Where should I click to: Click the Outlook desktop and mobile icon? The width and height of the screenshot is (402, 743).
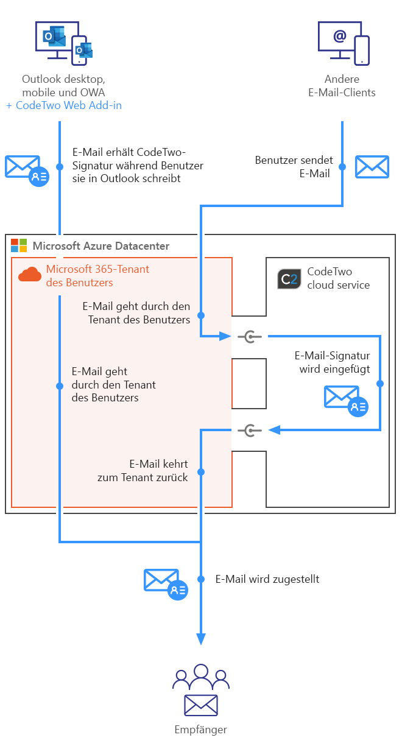(63, 42)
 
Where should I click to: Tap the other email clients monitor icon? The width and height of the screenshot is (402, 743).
(344, 42)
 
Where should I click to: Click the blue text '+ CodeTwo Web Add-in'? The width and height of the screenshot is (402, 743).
(64, 105)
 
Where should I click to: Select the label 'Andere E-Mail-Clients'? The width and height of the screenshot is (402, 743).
(342, 86)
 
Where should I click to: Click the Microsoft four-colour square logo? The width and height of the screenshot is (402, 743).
(19, 245)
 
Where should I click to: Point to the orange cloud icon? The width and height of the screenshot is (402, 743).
(29, 275)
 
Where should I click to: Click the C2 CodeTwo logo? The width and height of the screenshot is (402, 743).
(289, 278)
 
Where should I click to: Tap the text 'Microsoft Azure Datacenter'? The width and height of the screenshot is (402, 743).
(101, 246)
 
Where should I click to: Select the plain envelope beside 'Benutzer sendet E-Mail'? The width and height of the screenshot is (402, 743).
(372, 166)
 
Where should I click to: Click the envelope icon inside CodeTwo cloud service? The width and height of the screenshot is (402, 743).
(345, 400)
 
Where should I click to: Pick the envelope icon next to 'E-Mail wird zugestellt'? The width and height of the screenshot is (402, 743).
(165, 583)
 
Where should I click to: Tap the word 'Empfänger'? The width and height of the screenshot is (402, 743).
(200, 729)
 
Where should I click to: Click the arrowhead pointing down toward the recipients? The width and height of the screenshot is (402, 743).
(201, 638)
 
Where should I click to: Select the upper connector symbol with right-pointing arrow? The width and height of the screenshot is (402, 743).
(249, 336)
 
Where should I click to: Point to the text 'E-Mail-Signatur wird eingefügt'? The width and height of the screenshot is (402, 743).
(332, 362)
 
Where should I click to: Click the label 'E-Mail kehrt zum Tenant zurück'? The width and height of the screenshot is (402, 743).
(143, 470)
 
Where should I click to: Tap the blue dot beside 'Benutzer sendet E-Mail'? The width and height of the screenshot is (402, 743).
(342, 166)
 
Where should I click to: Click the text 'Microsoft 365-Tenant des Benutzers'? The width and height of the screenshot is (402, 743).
(97, 275)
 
